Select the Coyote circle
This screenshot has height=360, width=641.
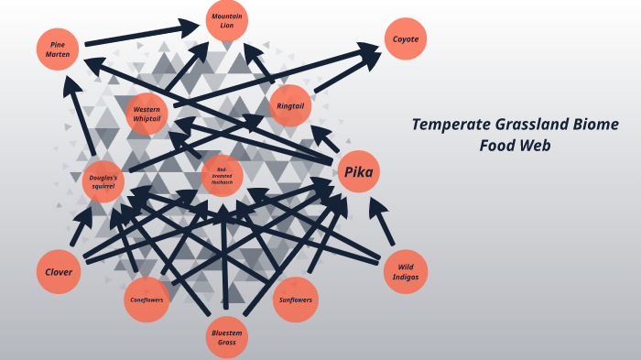click(x=405, y=39)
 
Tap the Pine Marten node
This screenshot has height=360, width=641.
click(x=59, y=49)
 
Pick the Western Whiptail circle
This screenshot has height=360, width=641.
click(x=147, y=114)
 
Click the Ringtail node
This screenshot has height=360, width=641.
click(x=291, y=107)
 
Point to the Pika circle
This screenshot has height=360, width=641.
click(x=358, y=172)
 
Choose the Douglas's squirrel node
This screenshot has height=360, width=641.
click(x=103, y=180)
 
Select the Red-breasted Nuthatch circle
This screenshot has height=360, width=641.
click(x=222, y=175)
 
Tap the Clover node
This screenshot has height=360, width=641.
click(x=59, y=272)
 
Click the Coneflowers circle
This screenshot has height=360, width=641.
click(x=147, y=300)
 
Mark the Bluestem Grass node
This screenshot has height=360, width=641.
click(x=226, y=336)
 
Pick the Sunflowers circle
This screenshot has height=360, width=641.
click(x=296, y=300)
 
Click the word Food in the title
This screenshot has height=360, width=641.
click(x=498, y=145)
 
